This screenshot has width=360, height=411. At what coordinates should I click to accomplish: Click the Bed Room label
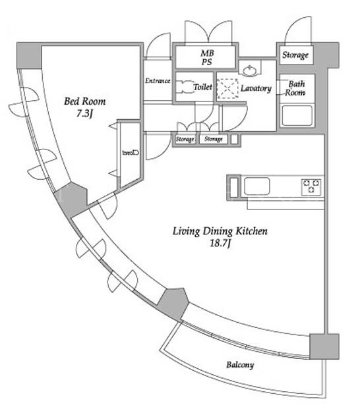coord(85,101)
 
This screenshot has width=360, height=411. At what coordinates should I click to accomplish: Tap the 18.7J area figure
coord(220,243)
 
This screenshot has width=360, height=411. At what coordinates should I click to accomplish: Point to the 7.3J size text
coord(84,113)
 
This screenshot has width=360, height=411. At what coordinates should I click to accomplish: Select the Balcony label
coord(240,365)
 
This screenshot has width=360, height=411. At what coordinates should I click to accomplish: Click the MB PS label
coord(207,57)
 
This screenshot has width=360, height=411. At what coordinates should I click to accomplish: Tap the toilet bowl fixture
coord(185,86)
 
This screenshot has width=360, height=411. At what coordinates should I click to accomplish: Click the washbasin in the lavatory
coord(249,70)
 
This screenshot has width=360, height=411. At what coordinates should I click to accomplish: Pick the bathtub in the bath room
coord(297,115)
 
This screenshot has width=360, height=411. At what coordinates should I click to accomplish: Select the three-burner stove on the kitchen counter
coord(311,186)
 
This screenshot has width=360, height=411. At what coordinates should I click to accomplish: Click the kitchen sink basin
coord(257,186)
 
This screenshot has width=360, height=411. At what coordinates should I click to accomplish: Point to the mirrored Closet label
coord(131,153)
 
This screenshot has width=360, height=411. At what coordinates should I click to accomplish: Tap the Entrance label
coord(158,81)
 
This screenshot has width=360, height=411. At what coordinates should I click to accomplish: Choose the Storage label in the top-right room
coord(295,55)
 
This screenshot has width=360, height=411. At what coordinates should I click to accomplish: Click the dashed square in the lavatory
coord(227,89)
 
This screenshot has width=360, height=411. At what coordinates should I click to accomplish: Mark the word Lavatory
coord(256,88)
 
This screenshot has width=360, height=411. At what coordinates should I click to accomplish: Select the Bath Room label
coord(295,88)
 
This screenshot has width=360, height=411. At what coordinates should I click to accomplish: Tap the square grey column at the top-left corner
coord(29,55)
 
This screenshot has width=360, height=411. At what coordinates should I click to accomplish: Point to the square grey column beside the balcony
coord(324,346)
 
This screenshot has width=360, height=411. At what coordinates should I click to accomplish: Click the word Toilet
coord(203,87)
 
